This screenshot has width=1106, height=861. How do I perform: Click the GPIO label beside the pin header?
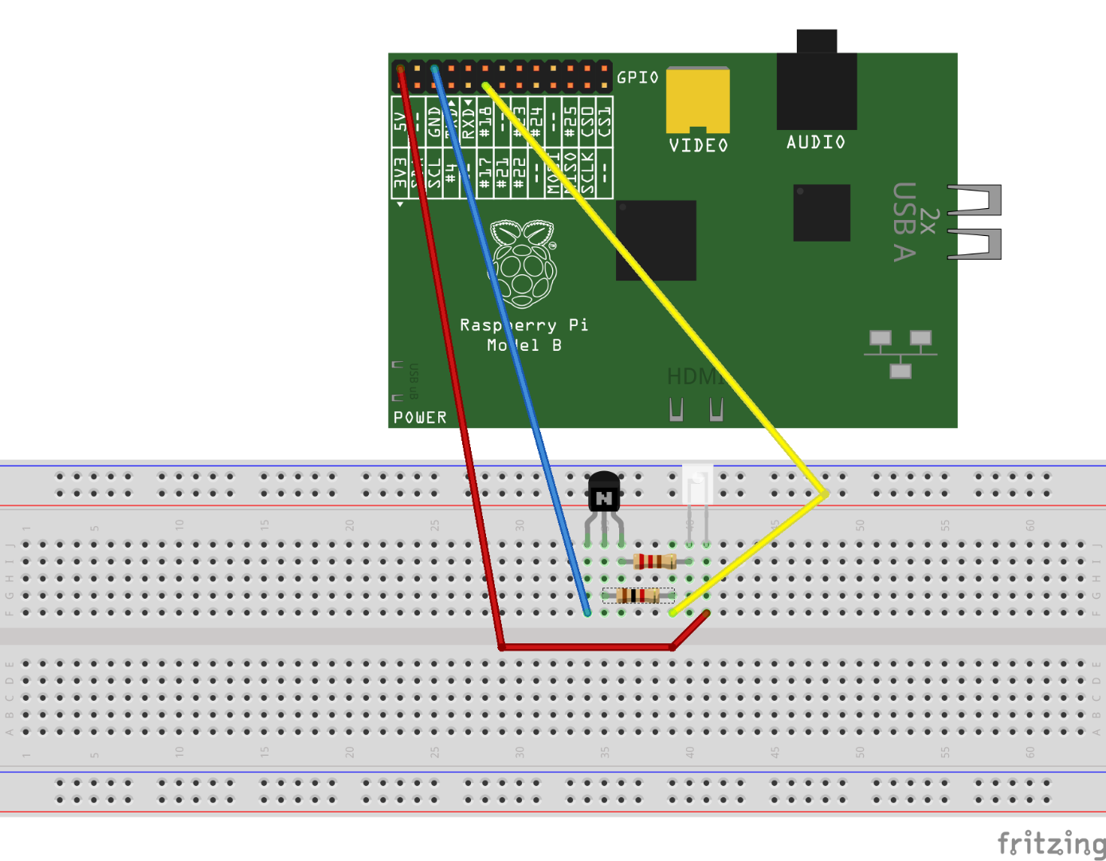click(637, 77)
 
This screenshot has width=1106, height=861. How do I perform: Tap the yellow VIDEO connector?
click(698, 100)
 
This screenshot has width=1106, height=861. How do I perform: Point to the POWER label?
click(420, 418)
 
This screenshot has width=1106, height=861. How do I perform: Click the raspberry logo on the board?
click(523, 264)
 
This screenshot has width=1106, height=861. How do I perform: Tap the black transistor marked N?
click(604, 494)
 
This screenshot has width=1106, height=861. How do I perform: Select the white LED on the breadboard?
click(697, 485)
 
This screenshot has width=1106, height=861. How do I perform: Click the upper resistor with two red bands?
click(654, 561)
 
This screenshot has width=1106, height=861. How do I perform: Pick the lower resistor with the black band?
click(637, 595)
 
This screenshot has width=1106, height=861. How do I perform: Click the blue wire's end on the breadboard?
click(587, 612)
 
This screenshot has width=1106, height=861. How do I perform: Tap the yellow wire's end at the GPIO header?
click(485, 85)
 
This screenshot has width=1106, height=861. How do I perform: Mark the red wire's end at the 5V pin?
click(400, 69)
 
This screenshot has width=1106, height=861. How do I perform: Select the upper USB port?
click(975, 199)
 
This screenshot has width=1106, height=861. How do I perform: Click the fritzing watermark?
click(1051, 843)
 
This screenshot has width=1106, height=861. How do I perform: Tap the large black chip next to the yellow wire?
click(656, 240)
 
